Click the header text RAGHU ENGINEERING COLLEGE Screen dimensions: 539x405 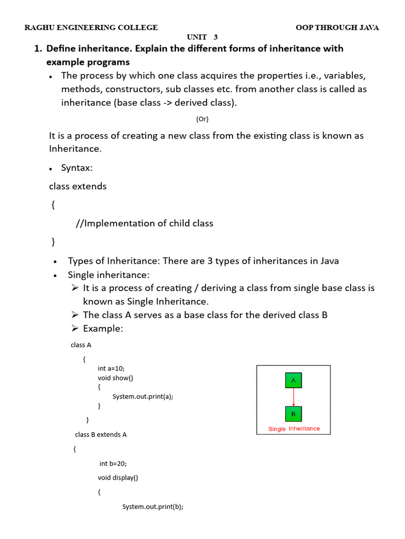[91, 27]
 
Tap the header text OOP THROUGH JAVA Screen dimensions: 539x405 [337, 27]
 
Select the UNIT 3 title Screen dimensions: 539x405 [202, 37]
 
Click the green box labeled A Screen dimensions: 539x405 [293, 380]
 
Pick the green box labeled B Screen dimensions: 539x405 [293, 414]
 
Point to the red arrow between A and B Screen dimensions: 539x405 [293, 397]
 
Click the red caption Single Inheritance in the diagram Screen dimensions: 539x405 [294, 428]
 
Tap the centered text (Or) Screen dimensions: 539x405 [202, 119]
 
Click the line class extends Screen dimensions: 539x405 [78, 186]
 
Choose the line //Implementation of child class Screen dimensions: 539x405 [144, 223]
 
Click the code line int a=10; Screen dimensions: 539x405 [111, 368]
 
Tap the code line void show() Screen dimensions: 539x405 [115, 378]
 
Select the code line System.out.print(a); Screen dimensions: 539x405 [143, 396]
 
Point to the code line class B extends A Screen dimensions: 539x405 [101, 435]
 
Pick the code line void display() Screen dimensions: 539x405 [118, 478]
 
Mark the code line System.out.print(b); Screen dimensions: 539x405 [153, 506]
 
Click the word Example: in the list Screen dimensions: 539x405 [103, 328]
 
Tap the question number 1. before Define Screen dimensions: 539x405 [37, 48]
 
